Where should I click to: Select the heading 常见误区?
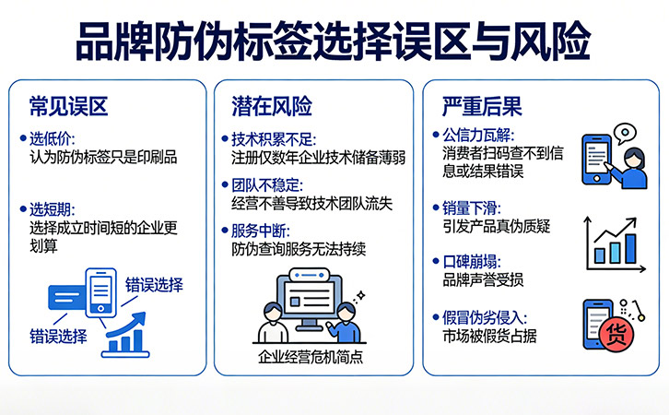[x=68, y=106]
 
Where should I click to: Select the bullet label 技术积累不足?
[x=274, y=139]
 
